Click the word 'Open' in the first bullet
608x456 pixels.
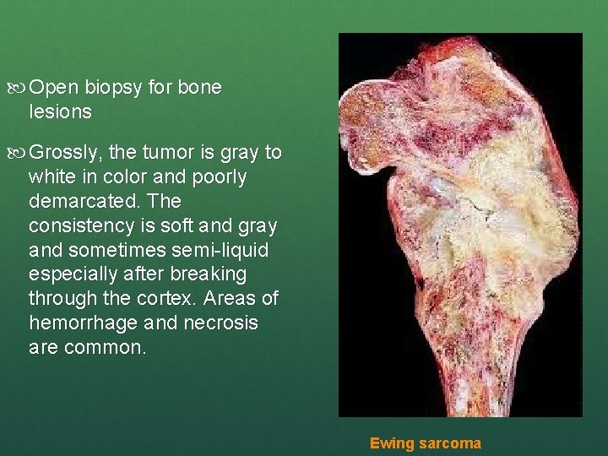click(x=56, y=88)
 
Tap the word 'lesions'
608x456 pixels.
click(x=60, y=111)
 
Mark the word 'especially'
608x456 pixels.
click(x=71, y=275)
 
